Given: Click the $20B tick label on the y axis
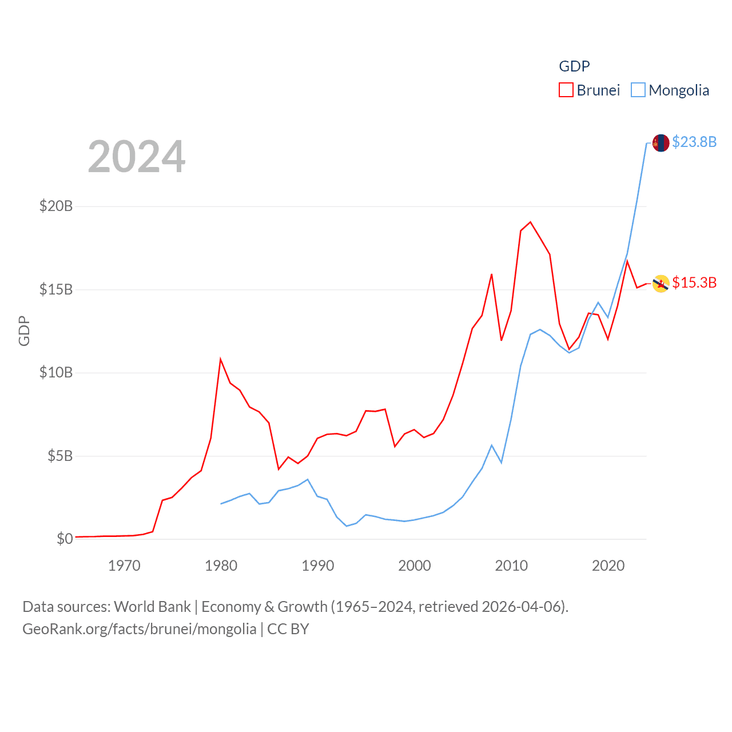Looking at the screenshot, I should point(56,206).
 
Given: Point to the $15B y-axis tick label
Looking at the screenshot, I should point(56,289).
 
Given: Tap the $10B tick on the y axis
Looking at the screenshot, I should point(56,373).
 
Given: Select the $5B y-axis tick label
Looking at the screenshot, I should point(60,456).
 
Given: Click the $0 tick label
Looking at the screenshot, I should point(65,539).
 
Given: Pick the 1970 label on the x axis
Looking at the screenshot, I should point(124,566).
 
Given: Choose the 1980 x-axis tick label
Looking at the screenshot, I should point(221,566).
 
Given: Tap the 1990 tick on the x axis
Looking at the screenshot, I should point(317,566).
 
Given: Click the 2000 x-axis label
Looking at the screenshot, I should point(415,566).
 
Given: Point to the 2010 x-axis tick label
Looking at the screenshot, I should point(511,566).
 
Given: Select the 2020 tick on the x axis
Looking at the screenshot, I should point(608,566).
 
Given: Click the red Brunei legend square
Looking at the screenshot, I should point(566,90).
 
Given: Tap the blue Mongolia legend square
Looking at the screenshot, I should point(638,90).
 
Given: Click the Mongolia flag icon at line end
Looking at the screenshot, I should point(661,143).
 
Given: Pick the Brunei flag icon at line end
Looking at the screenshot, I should point(661,284).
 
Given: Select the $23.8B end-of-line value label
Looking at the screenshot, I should point(694,142).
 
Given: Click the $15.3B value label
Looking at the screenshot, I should point(694,283).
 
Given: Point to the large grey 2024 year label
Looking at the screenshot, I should point(137,157).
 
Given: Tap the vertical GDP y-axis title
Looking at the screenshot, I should point(24,331).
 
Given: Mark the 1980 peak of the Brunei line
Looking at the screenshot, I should point(221,359).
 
